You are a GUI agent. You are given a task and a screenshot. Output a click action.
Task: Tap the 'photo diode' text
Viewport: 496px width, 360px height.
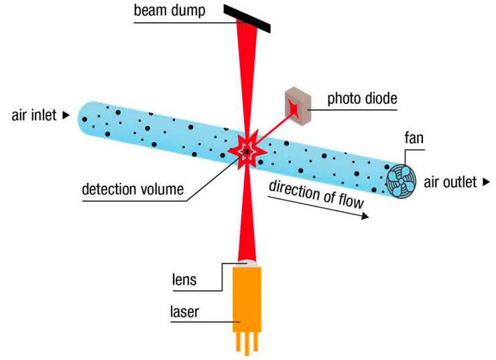[x=362, y=99]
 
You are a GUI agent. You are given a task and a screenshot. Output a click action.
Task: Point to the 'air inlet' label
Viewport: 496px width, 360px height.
[x=34, y=115]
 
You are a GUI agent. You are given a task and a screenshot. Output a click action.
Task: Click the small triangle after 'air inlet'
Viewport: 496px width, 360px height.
[x=66, y=115]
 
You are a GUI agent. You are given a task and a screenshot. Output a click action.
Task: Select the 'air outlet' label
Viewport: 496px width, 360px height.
[x=450, y=182]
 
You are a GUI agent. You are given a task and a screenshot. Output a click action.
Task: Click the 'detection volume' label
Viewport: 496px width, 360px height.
[x=133, y=190]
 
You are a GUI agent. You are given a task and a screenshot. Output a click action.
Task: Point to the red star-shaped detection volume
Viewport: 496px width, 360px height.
[x=246, y=150]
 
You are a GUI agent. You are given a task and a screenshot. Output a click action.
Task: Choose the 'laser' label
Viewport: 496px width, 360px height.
[x=184, y=311]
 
